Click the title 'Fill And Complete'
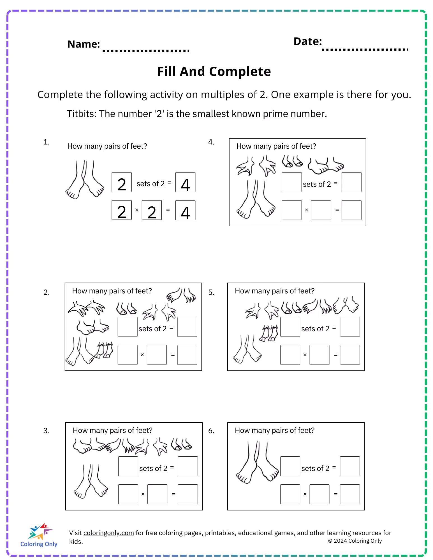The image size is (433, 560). coord(214,72)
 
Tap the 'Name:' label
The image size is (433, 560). coord(84,44)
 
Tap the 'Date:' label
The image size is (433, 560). coord(307,41)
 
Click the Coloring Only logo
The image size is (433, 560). coord(39,535)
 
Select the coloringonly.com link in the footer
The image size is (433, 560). coord(108,533)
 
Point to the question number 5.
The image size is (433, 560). coord(211,292)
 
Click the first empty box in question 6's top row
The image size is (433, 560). coord(290,466)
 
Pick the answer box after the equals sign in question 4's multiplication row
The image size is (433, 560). coord(351,210)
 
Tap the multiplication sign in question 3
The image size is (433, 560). coord(143,494)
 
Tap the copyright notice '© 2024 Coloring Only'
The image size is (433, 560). coord(355,541)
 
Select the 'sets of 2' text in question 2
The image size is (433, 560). coord(152,328)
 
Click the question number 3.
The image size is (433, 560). coord(47,431)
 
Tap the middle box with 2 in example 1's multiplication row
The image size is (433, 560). coord(152,210)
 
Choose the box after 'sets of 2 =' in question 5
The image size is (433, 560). coord(349,327)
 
